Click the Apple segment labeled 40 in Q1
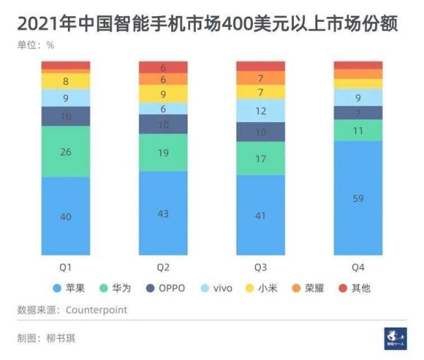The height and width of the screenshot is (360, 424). pyautogui.click(x=66, y=216)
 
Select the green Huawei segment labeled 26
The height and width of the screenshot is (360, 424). pyautogui.click(x=66, y=151)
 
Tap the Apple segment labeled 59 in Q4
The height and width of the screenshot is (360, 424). pyautogui.click(x=358, y=198)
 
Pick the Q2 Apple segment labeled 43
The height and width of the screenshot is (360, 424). pyautogui.click(x=163, y=212)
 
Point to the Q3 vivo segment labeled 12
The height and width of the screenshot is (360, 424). pyautogui.click(x=261, y=111)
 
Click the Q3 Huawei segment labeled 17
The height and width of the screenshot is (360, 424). pyautogui.click(x=261, y=159)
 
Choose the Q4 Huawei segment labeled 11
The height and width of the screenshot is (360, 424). pyautogui.click(x=358, y=131)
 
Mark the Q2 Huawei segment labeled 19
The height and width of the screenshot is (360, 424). pyautogui.click(x=163, y=152)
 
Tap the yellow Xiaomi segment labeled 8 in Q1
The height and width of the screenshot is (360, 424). pyautogui.click(x=66, y=81)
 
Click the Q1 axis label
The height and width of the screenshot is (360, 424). pyautogui.click(x=66, y=268)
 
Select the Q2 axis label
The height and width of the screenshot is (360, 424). pyautogui.click(x=163, y=268)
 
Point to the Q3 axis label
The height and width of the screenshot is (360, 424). pyautogui.click(x=261, y=268)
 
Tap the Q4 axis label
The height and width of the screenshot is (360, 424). pyautogui.click(x=358, y=268)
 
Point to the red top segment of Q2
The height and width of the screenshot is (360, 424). pyautogui.click(x=163, y=67)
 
